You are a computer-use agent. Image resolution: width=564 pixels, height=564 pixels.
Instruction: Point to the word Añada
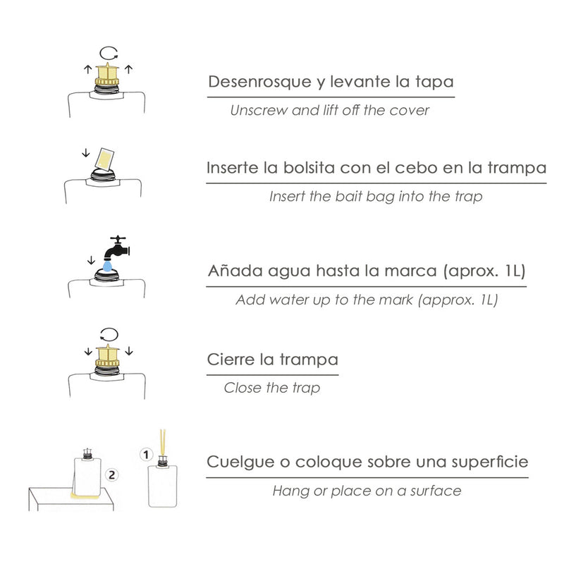(233, 272)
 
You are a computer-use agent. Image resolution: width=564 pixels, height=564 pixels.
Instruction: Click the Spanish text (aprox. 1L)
(485, 272)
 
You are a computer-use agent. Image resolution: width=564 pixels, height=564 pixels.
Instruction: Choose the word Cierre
(231, 360)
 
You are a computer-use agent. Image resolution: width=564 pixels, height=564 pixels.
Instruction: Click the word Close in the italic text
(241, 388)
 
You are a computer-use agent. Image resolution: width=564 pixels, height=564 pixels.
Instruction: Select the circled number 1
(147, 455)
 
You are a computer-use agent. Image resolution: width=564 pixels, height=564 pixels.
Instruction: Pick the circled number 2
(110, 476)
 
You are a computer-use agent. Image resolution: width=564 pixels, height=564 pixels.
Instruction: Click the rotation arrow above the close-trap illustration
(108, 332)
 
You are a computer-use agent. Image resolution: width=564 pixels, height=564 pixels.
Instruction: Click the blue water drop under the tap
(105, 266)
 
